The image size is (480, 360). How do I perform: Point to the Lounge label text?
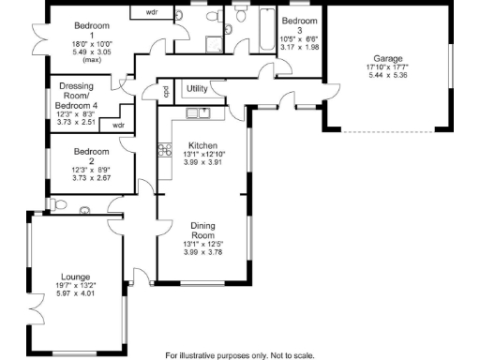(x=76, y=277)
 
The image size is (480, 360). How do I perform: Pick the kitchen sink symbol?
(x=198, y=113)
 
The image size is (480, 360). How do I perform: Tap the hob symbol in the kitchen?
(x=164, y=147)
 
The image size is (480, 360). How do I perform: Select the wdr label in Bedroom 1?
(x=151, y=13)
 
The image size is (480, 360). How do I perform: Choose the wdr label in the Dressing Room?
(x=118, y=124)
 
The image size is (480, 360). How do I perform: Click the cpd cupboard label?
(x=165, y=92)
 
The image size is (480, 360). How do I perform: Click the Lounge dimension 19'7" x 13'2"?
(x=76, y=285)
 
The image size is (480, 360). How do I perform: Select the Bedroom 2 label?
(x=93, y=152)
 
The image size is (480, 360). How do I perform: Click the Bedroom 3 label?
(x=300, y=21)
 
